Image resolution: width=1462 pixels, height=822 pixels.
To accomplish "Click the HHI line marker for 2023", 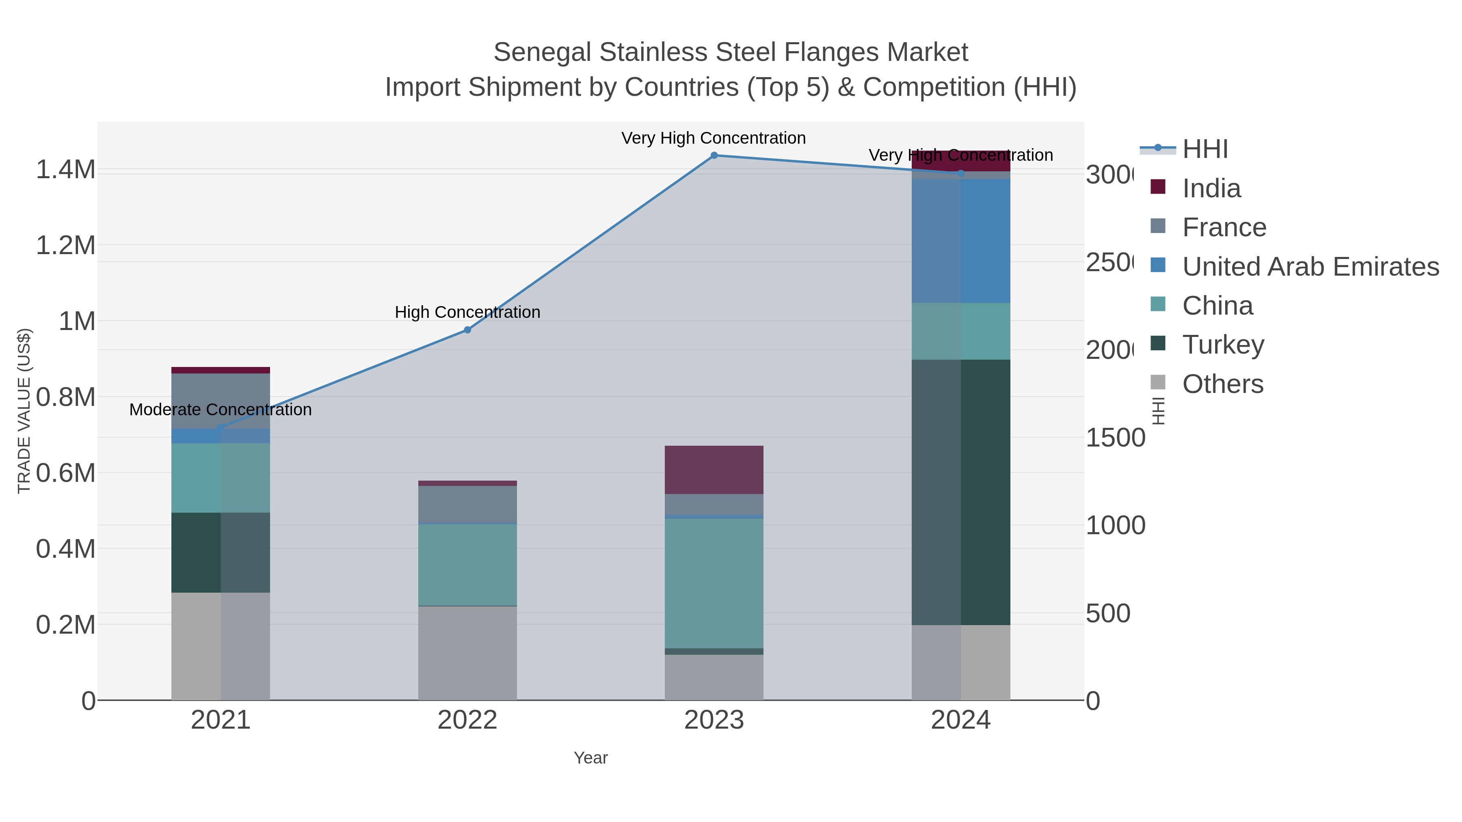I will click(x=714, y=155).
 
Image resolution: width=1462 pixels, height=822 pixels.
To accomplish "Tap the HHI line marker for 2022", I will click(x=467, y=330).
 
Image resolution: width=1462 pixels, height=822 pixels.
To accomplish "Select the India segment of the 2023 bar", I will click(x=714, y=470).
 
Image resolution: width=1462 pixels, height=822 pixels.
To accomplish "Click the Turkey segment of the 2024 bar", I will click(x=960, y=492).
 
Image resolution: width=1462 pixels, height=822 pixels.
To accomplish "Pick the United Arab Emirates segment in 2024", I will click(x=960, y=241).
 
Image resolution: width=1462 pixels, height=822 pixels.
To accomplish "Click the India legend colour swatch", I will click(x=1158, y=187).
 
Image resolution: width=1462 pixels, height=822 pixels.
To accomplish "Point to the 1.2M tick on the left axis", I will click(x=66, y=245).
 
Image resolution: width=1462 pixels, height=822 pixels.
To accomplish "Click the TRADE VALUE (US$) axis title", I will click(x=24, y=411).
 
